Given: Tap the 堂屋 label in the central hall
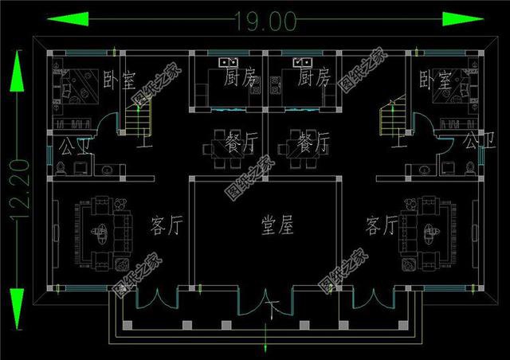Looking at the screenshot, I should click(x=277, y=226).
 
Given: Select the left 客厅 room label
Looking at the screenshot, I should click(x=167, y=226).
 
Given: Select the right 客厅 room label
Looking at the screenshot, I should click(x=382, y=226).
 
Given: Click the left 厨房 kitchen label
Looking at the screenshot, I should click(x=240, y=78).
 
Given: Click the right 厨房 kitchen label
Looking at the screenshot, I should click(x=313, y=78).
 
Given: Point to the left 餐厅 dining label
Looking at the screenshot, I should click(x=242, y=144).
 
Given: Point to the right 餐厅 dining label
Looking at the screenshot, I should click(x=313, y=144).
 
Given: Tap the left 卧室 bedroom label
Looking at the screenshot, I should click(x=120, y=80).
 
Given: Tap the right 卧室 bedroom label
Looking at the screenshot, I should click(x=435, y=80).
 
